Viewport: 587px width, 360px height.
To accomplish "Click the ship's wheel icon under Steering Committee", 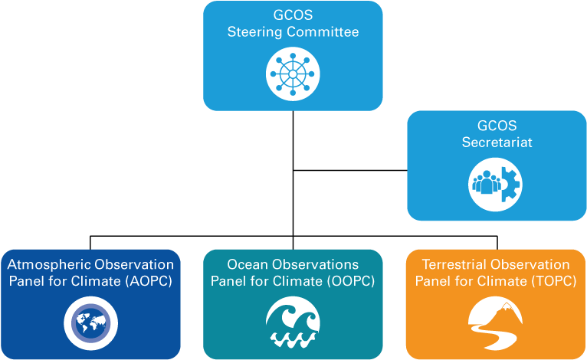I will coord(293,74).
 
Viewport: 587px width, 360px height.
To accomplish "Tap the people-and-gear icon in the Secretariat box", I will coord(495,184).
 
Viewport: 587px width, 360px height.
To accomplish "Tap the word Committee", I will coord(323,32).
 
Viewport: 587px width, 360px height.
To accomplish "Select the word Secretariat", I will coord(497,142).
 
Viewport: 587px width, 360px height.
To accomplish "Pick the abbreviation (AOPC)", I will coord(148,282).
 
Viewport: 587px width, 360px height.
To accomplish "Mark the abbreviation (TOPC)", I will coord(553,282).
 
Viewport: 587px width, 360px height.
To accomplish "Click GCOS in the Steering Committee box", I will coord(293,15).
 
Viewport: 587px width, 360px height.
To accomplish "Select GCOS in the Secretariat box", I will coord(497,126).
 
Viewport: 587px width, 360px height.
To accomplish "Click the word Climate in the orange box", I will coord(503,282).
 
